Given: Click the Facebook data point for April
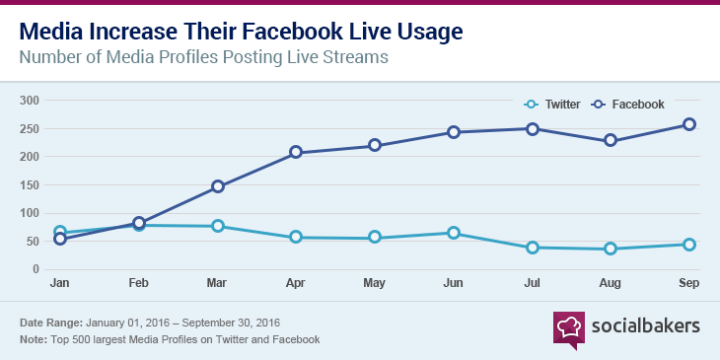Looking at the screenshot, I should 296,153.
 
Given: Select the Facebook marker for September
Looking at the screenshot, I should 689,124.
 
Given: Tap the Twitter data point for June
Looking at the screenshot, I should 453,233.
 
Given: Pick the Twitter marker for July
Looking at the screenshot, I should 532,248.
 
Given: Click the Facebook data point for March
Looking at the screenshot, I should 218,186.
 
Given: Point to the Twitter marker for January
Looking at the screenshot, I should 60,233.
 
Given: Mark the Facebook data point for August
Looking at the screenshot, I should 611,140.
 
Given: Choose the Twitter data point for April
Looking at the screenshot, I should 296,238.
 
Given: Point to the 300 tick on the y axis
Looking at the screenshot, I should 29,100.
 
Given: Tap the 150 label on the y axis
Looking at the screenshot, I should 29,184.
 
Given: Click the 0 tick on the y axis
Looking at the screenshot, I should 35,269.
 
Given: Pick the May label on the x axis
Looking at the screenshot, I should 374,283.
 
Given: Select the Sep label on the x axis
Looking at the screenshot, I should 688,283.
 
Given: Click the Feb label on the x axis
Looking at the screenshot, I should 138,283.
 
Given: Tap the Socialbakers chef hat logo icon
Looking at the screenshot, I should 570,326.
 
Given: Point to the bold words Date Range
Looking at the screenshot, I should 50,324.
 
